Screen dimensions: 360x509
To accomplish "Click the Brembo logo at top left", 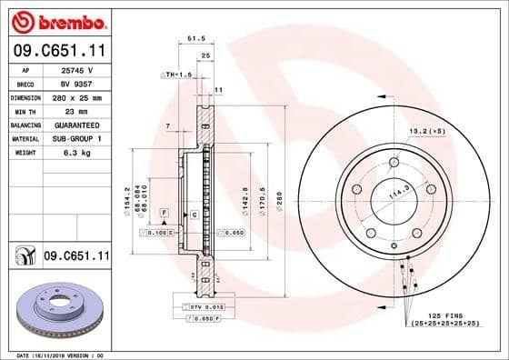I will (x=56, y=19).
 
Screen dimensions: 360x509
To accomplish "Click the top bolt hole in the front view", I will (x=394, y=164).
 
